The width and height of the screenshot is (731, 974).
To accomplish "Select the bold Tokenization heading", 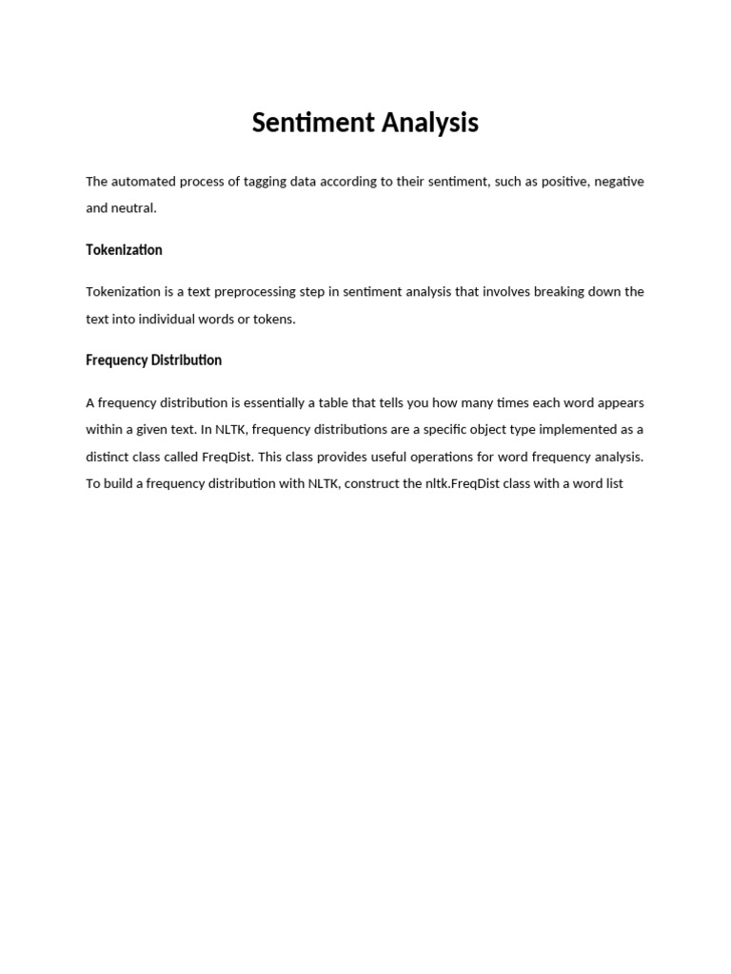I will [x=124, y=250].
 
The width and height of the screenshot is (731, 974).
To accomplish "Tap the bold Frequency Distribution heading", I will [x=153, y=360].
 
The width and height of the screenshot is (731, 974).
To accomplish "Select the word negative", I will [x=619, y=182].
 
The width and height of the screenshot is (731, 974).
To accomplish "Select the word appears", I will [x=620, y=402].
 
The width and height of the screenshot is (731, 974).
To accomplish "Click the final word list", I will [x=612, y=484].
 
